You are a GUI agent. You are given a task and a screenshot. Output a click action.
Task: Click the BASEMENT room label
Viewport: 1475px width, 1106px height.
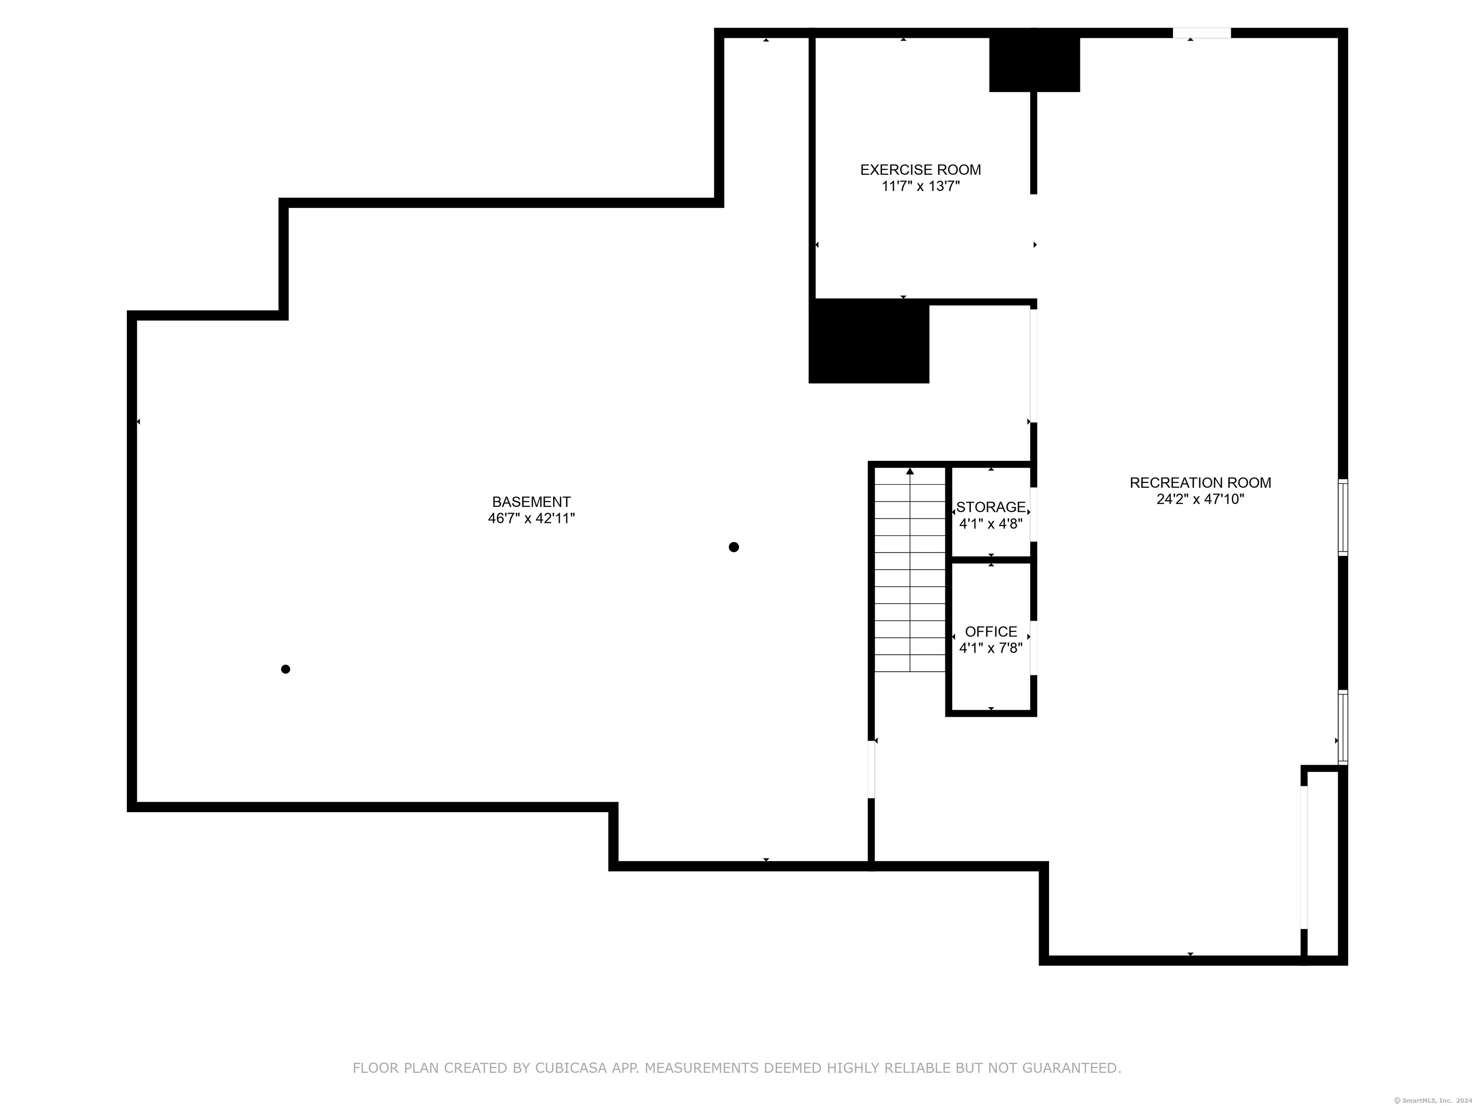pos(532,502)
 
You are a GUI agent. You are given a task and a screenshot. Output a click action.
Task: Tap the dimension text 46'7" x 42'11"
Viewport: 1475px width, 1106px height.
pos(532,518)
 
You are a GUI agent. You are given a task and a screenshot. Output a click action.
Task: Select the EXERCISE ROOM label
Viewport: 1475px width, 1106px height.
pos(920,170)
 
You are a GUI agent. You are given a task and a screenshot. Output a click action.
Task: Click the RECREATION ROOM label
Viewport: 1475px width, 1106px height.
pos(1200,482)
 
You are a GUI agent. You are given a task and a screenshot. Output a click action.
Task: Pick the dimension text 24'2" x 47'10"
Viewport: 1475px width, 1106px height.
pos(1200,499)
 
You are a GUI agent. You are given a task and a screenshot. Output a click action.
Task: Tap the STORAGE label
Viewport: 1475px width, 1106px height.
pos(991,507)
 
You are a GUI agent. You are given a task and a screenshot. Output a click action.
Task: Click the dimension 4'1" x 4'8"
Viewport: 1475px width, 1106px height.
pos(991,524)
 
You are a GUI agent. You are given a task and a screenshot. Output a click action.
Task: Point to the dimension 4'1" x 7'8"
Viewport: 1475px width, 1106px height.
pos(991,648)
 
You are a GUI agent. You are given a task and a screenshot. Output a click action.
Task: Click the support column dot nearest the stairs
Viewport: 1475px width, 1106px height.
pos(734,547)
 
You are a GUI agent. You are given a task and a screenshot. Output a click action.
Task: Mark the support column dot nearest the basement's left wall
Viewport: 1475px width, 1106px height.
pos(285,669)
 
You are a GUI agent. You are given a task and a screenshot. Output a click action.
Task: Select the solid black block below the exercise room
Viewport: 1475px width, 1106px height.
pos(869,341)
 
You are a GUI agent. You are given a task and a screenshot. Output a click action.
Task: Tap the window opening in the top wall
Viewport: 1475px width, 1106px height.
pos(1202,33)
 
